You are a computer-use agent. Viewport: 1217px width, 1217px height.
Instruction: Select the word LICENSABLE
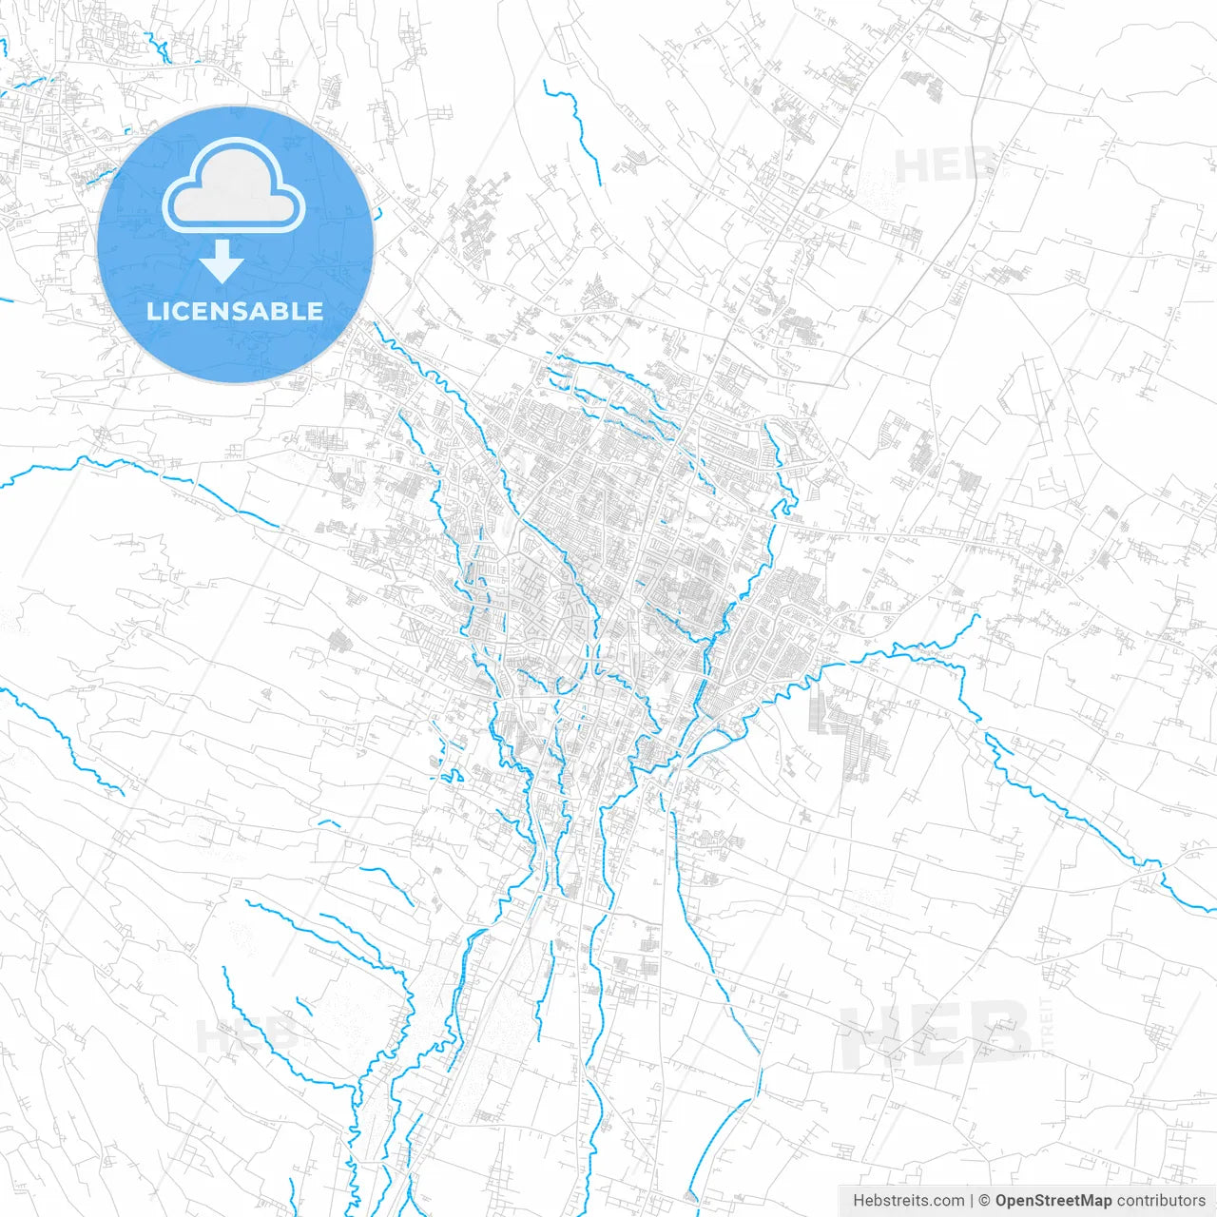tap(235, 311)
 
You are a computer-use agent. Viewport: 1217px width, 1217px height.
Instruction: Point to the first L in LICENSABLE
tap(153, 311)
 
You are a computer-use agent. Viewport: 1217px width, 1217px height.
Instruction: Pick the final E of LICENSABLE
tap(315, 311)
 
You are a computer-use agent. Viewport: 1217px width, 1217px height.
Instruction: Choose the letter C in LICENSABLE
tap(182, 311)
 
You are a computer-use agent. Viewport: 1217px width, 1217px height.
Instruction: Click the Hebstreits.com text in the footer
tap(908, 1201)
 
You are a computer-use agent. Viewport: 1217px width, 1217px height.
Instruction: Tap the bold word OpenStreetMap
tap(1053, 1201)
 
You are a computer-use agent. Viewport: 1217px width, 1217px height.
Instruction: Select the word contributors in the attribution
tap(1160, 1201)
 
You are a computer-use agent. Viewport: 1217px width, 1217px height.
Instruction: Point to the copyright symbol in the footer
tap(984, 1201)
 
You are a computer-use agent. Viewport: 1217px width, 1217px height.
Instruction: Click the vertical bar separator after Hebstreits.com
tap(972, 1201)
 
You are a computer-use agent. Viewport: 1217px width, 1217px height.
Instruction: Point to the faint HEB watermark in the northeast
tap(945, 166)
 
